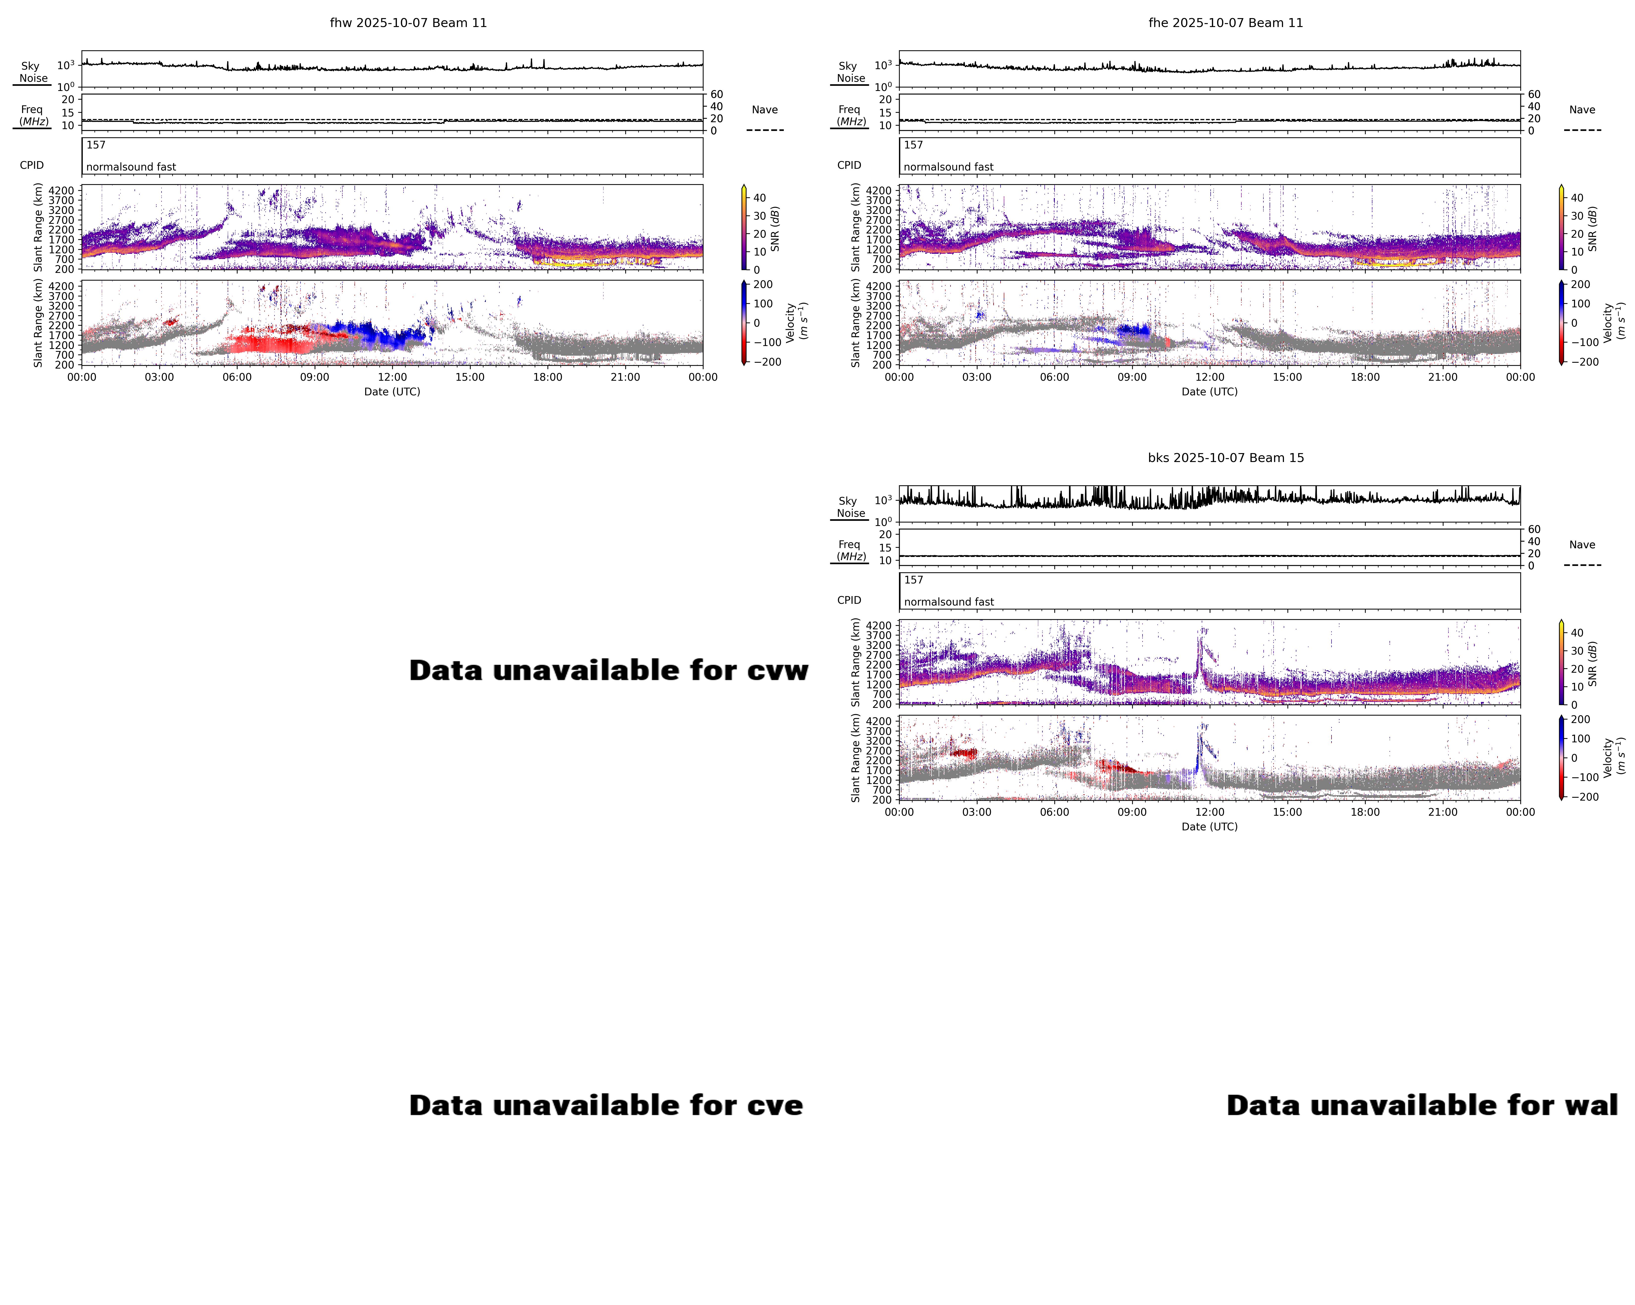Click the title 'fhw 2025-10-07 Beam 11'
pos(408,23)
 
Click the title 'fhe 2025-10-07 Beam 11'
pos(1226,23)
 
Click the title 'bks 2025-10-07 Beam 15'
pos(1226,458)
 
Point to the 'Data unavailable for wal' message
pos(1422,1105)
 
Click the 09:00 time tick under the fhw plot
pos(315,377)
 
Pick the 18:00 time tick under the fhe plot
pos(1365,377)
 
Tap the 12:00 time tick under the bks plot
pos(1210,812)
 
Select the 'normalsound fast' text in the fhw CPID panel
pos(131,167)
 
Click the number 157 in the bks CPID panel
pos(914,580)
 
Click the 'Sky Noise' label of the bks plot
pos(850,507)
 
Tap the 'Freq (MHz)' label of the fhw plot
pos(33,115)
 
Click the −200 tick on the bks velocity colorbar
pos(1583,797)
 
